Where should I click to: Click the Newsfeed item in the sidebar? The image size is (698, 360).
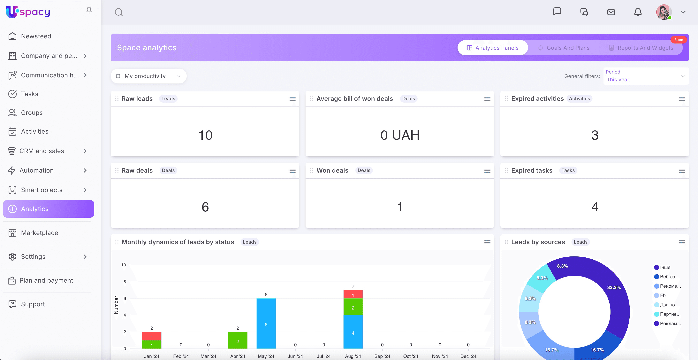[36, 36]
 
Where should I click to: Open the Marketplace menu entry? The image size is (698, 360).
[39, 233]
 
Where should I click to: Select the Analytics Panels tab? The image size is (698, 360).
[493, 48]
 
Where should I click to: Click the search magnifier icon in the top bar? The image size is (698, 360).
[119, 12]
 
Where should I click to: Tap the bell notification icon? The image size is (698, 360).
[638, 12]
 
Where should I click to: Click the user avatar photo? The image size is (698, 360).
[664, 12]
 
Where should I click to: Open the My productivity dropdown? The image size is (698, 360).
[148, 76]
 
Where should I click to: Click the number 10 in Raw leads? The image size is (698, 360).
[205, 135]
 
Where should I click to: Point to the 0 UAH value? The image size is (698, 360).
[400, 135]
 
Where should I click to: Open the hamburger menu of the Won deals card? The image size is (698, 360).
[487, 170]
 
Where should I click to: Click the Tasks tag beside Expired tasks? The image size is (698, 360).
[568, 170]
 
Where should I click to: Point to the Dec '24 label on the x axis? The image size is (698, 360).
[468, 356]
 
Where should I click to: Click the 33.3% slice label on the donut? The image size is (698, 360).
[614, 287]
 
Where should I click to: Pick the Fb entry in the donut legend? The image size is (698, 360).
[663, 295]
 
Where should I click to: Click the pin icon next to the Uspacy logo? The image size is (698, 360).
[89, 11]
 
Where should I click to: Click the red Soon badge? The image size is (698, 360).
[679, 40]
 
